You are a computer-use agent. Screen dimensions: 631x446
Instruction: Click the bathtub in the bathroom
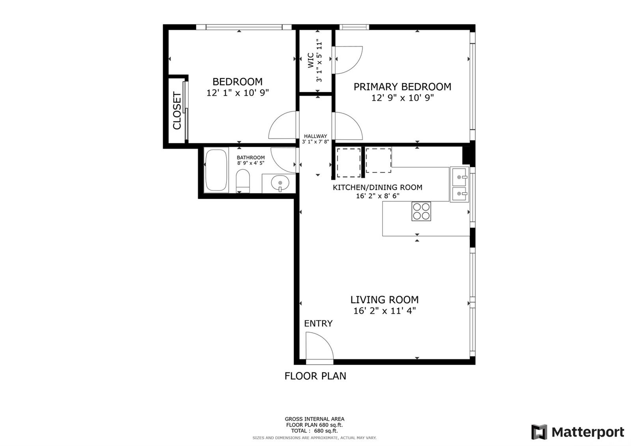(217, 170)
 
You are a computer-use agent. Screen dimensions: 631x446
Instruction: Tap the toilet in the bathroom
(243, 181)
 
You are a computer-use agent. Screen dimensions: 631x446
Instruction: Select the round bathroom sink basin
(280, 183)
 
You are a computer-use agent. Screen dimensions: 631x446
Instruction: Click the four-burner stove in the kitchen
(421, 211)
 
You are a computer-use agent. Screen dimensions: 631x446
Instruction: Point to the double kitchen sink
(459, 185)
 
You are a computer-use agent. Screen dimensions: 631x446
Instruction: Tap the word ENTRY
(318, 323)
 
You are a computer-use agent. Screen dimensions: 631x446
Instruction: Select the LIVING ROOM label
(384, 300)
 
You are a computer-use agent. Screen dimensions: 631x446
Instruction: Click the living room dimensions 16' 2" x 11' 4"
(385, 311)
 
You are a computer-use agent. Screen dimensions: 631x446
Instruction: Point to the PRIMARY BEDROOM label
(402, 87)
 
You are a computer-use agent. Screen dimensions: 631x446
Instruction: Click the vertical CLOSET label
(177, 111)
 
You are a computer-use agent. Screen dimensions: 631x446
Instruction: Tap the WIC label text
(311, 60)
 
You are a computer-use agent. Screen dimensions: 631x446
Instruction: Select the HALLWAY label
(315, 136)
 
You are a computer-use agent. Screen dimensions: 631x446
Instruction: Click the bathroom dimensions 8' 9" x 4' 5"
(251, 163)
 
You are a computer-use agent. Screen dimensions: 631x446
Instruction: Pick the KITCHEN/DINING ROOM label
(377, 187)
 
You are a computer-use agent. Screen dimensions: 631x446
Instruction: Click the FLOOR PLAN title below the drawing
(315, 376)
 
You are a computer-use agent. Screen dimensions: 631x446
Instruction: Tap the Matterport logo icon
(539, 432)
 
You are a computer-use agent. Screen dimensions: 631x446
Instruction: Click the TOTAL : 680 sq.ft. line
(314, 431)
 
